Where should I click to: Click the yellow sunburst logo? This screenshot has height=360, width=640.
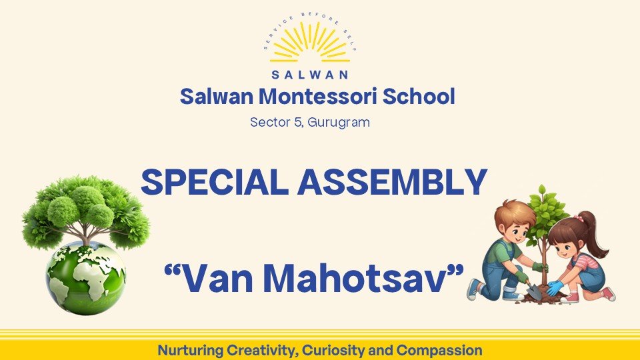point(310,43)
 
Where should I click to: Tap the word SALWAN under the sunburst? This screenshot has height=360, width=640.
point(310,75)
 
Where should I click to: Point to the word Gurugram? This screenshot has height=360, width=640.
point(339,123)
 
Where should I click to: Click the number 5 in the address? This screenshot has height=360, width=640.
point(298,122)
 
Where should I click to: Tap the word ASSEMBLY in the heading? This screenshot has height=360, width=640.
point(392,181)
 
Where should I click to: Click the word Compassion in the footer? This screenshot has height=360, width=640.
point(439,350)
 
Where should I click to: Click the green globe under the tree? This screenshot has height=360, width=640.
point(86,277)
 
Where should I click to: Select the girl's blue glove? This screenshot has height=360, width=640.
point(555,288)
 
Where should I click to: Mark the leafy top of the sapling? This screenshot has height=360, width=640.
point(545,214)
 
